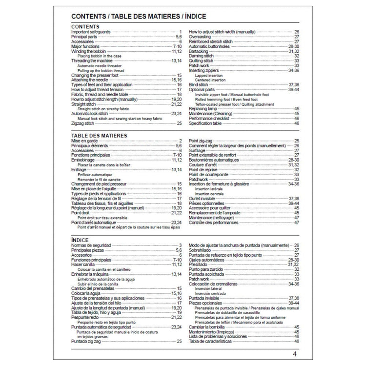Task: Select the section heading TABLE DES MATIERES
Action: coord(99,135)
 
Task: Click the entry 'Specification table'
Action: coord(205,123)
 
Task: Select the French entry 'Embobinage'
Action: coord(83,160)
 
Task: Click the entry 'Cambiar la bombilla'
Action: coord(208,326)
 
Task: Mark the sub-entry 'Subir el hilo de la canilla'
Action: coord(98,284)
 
